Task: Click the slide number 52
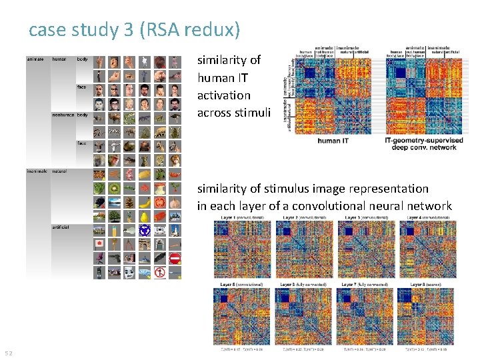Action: pos(9,352)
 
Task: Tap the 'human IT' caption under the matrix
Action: pos(333,141)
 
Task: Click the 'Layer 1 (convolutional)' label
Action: pos(237,218)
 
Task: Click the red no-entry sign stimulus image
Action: pos(175,258)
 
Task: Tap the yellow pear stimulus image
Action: pos(145,216)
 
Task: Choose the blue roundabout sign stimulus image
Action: pos(145,230)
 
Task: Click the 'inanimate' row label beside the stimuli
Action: pos(36,171)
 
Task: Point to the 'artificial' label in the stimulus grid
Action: pos(61,227)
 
